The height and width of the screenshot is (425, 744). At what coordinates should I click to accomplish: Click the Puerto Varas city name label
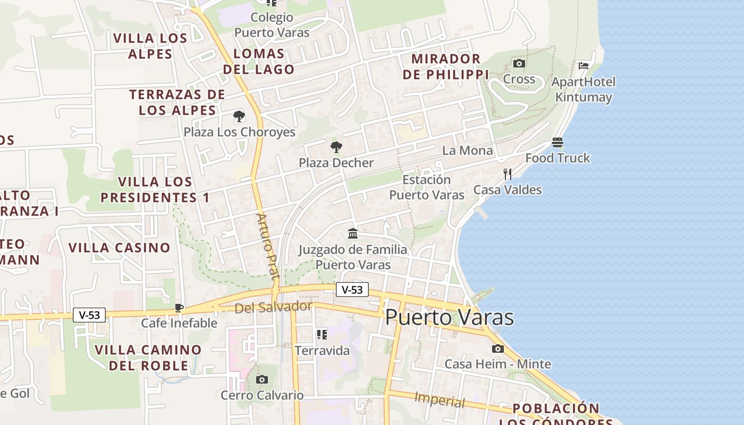pyautogui.click(x=449, y=317)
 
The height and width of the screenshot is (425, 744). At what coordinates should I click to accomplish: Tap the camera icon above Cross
pyautogui.click(x=519, y=64)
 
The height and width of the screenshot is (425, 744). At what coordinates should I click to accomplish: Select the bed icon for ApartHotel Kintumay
pyautogui.click(x=584, y=66)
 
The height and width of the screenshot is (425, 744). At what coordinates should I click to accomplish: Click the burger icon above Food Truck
pyautogui.click(x=557, y=142)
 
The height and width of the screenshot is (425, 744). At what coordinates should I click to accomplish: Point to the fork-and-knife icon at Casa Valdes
pyautogui.click(x=508, y=174)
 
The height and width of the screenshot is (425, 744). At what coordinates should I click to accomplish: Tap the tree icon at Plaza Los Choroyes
pyautogui.click(x=239, y=116)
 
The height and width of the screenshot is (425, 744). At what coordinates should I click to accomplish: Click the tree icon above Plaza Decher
pyautogui.click(x=336, y=147)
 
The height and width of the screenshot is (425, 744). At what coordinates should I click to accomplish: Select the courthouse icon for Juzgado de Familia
pyautogui.click(x=353, y=233)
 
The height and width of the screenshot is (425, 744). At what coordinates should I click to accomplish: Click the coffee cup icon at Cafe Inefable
pyautogui.click(x=179, y=308)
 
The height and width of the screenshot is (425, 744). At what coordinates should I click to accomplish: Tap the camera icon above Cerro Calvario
pyautogui.click(x=262, y=379)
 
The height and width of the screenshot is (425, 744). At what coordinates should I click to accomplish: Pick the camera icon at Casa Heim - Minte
pyautogui.click(x=498, y=348)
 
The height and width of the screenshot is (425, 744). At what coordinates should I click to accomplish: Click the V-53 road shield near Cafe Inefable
pyautogui.click(x=89, y=315)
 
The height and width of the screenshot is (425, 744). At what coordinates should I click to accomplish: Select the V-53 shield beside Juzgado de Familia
pyautogui.click(x=352, y=290)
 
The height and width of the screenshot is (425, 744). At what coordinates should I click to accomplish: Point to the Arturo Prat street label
pyautogui.click(x=268, y=246)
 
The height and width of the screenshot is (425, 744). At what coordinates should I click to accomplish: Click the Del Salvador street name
pyautogui.click(x=273, y=307)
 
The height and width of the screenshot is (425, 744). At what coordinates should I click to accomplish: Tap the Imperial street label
pyautogui.click(x=439, y=400)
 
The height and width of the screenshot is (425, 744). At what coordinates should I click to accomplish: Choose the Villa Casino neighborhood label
pyautogui.click(x=120, y=248)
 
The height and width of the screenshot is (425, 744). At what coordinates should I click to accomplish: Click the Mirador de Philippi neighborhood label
pyautogui.click(x=445, y=66)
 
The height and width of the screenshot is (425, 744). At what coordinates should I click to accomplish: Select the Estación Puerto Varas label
pyautogui.click(x=427, y=187)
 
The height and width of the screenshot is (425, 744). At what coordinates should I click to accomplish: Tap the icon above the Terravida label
pyautogui.click(x=322, y=334)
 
